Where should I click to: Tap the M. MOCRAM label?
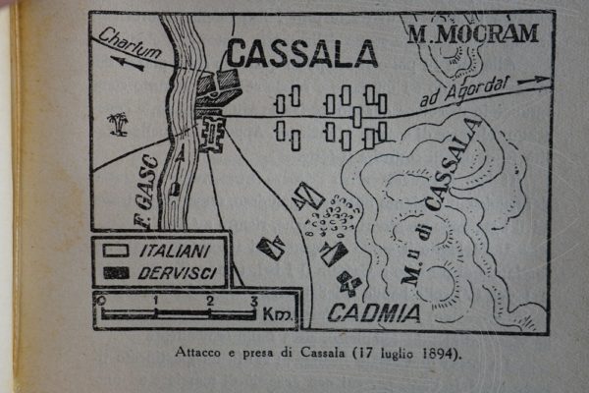[x=473, y=34]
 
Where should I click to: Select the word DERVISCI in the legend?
[x=177, y=271]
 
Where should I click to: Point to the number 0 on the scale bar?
[x=101, y=300]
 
